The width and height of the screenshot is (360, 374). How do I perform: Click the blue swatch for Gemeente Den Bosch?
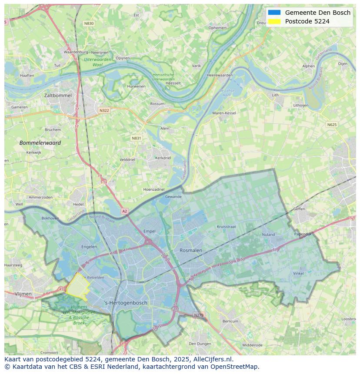click(x=274, y=13)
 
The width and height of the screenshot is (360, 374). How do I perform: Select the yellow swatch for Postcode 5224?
click(x=274, y=21)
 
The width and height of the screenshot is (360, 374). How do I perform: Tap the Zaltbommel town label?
click(x=58, y=95)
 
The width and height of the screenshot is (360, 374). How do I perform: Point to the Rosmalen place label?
click(x=191, y=250)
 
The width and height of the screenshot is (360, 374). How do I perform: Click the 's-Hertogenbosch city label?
click(x=126, y=303)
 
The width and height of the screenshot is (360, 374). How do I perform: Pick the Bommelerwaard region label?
click(x=40, y=142)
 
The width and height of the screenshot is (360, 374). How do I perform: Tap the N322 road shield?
click(x=104, y=110)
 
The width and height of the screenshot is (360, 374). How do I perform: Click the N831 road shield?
click(x=136, y=138)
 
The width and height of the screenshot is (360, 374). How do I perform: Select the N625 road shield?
click(x=332, y=125)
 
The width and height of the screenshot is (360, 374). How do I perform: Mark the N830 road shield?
click(x=89, y=23)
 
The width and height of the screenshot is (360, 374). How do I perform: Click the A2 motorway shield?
click(x=125, y=211)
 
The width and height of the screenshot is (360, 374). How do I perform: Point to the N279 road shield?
click(x=198, y=315)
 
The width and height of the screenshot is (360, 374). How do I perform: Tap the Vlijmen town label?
click(x=23, y=294)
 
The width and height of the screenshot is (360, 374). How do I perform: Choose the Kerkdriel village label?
click(x=163, y=158)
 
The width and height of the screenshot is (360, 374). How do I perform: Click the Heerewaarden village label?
click(x=220, y=75)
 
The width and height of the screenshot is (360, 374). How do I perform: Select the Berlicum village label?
click(x=230, y=321)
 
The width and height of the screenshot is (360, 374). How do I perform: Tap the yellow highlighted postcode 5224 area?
click(x=77, y=287)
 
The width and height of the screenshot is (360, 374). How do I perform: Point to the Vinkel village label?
click(x=298, y=274)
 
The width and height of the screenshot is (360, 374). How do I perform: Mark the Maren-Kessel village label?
click(x=224, y=113)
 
